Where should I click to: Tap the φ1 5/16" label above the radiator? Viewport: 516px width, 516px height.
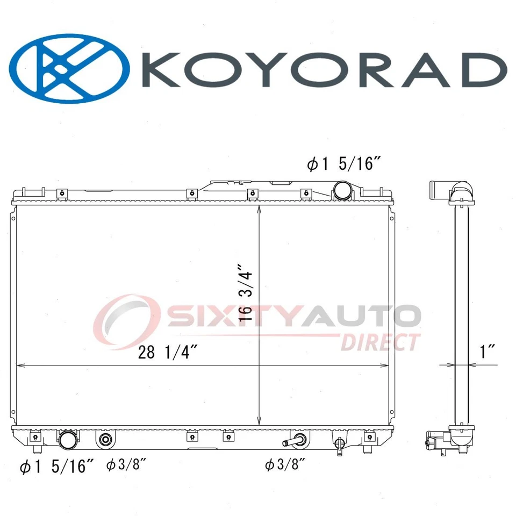click(340, 164)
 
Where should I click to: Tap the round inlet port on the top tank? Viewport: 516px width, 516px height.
click(342, 190)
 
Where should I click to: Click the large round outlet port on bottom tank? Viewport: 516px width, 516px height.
click(68, 440)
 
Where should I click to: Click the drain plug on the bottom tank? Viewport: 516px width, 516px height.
click(339, 444)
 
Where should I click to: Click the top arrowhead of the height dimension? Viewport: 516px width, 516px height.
click(260, 208)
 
